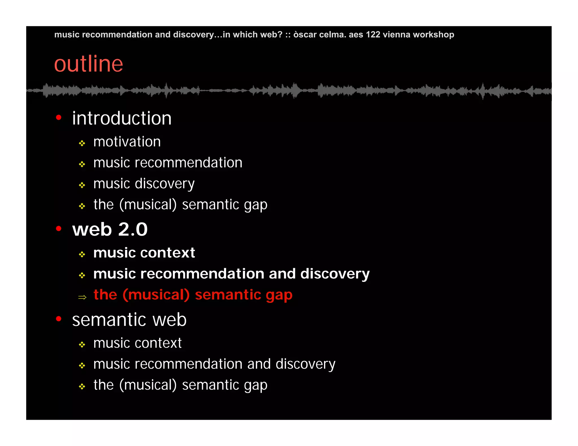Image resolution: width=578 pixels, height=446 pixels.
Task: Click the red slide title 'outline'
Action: pyautogui.click(x=88, y=64)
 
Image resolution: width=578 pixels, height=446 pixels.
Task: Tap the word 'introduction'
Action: pyautogui.click(x=122, y=118)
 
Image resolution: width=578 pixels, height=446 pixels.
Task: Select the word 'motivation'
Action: pyautogui.click(x=127, y=142)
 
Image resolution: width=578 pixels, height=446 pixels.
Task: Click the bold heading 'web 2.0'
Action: pyautogui.click(x=110, y=229)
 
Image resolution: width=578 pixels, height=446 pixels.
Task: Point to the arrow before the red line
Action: pyautogui.click(x=82, y=297)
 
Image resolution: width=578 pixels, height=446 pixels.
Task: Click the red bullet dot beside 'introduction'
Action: pyautogui.click(x=59, y=117)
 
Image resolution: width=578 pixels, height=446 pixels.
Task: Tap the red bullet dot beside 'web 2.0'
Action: pyautogui.click(x=59, y=228)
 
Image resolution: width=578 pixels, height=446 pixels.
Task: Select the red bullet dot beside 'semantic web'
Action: pyautogui.click(x=59, y=319)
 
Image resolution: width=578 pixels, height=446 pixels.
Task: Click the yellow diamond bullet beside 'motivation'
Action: pyautogui.click(x=82, y=143)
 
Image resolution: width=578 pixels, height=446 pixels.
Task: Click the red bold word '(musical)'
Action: pyautogui.click(x=156, y=295)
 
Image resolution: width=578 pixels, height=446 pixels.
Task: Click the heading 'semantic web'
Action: pyautogui.click(x=129, y=320)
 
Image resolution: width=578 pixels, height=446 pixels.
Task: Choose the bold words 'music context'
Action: pyautogui.click(x=144, y=253)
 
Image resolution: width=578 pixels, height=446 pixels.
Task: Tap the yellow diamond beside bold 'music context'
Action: pyautogui.click(x=82, y=255)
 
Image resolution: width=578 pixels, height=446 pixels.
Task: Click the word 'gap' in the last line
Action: pyautogui.click(x=256, y=386)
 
